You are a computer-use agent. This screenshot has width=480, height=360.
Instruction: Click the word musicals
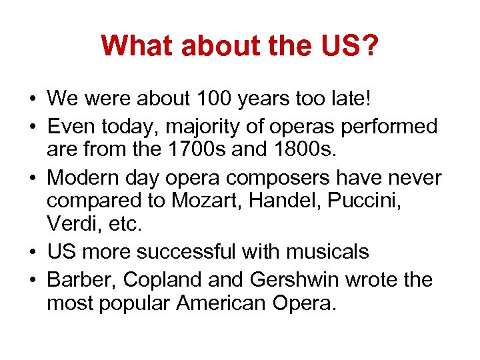click(x=328, y=252)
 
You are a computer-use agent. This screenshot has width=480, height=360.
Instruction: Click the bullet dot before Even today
click(x=33, y=126)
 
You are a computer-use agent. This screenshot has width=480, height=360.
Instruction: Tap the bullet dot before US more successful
click(x=33, y=252)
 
